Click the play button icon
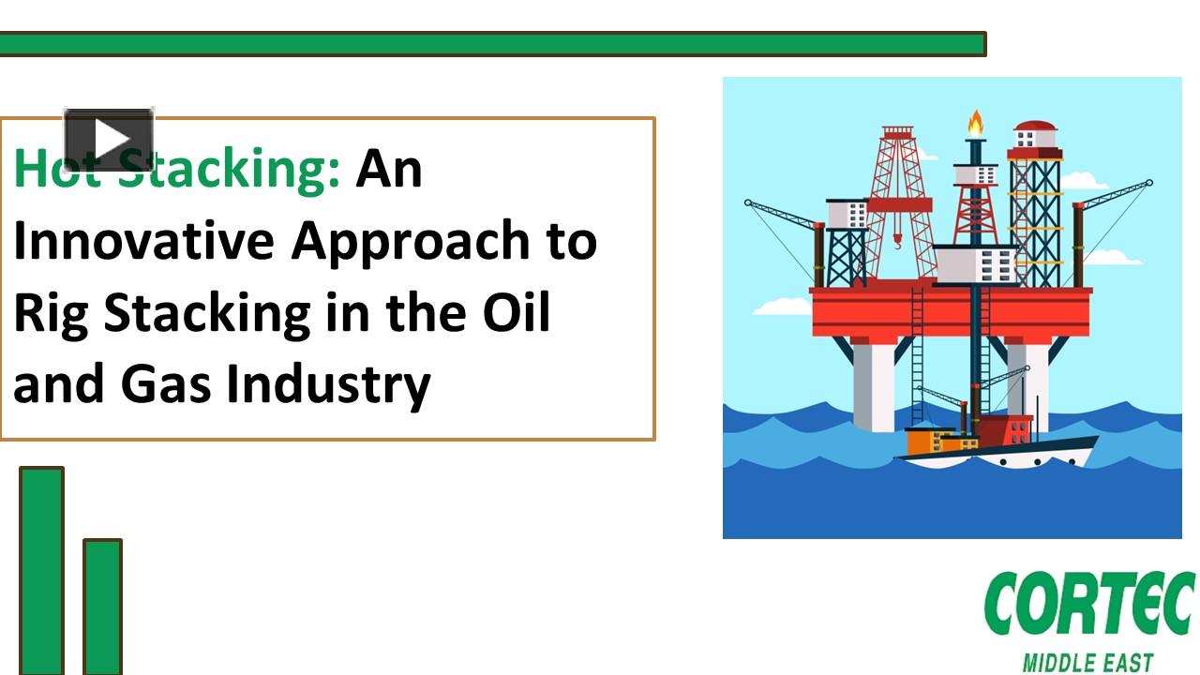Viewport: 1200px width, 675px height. (x=108, y=140)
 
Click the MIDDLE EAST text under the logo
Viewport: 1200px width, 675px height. (x=1087, y=663)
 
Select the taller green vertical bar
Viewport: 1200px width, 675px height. (x=42, y=570)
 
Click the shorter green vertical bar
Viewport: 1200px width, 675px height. (x=103, y=606)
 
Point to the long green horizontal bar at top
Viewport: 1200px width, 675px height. (x=492, y=44)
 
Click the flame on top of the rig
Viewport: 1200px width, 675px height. (x=976, y=123)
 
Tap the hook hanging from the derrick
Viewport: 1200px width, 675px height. (x=897, y=246)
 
